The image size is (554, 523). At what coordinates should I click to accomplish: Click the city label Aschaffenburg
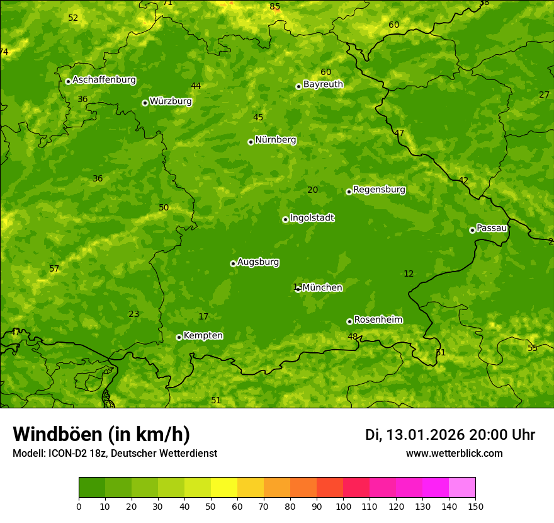point(104,80)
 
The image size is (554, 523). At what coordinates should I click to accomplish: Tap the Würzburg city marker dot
point(145,103)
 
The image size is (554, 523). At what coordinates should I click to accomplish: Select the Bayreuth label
point(323,84)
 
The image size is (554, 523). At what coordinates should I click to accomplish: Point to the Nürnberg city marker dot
point(251,142)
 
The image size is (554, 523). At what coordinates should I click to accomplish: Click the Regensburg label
point(379,190)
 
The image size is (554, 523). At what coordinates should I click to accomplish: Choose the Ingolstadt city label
point(312,218)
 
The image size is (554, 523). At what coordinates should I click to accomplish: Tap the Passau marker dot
point(472,230)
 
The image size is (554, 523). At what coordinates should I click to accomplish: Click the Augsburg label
point(258,262)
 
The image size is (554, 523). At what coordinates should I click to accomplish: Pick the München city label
point(322,288)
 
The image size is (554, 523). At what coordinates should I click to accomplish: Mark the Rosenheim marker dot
point(349,321)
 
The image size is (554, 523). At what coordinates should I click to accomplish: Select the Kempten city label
point(203,336)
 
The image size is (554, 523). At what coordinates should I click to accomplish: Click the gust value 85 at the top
point(274,7)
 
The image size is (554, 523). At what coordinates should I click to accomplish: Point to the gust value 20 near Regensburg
point(313,190)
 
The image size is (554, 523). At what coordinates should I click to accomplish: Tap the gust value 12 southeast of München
point(409,273)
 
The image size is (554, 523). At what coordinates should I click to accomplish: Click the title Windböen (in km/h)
point(101,434)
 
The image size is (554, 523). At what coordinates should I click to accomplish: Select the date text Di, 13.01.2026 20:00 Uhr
point(450,435)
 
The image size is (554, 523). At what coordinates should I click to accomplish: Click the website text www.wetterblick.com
point(454,453)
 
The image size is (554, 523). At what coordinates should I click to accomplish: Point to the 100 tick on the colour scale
point(343,506)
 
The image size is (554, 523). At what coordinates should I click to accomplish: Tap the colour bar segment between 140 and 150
point(462,488)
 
